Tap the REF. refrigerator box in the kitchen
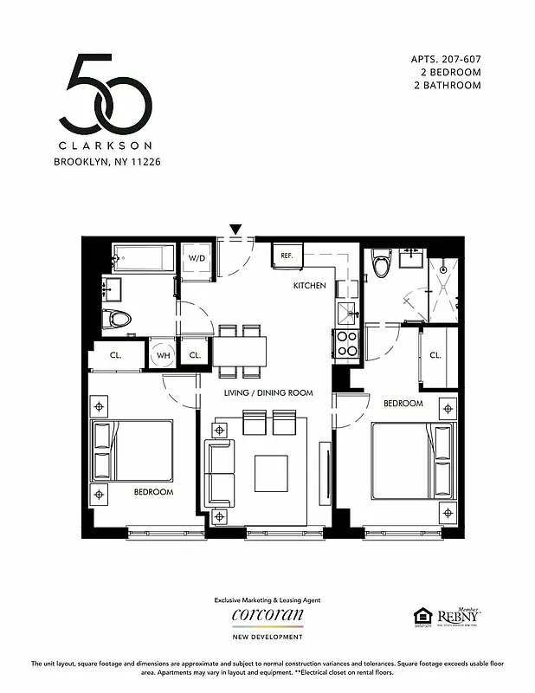tap(287, 256)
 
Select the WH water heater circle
tap(163, 355)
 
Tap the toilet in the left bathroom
tap(117, 319)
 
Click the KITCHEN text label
tap(309, 286)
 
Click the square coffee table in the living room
tap(271, 472)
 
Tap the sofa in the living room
tap(218, 474)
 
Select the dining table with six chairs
tap(240, 350)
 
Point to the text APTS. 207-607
tap(445, 59)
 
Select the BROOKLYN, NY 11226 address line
tap(107, 161)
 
